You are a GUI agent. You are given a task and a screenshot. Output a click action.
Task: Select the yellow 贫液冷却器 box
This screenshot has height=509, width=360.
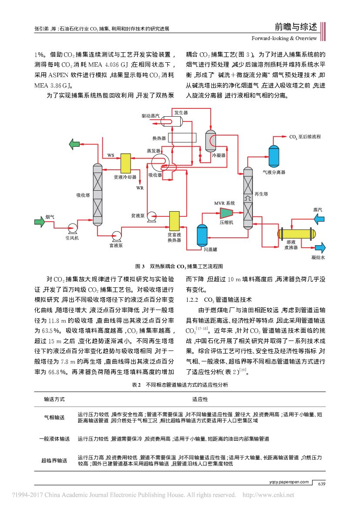[126, 163]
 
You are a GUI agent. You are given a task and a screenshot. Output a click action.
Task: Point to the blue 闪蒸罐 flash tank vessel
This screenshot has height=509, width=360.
[202, 236]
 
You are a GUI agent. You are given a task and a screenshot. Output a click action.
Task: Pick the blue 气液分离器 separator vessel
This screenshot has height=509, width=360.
[274, 156]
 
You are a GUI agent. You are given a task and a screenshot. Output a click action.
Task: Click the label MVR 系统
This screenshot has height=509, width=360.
[225, 203]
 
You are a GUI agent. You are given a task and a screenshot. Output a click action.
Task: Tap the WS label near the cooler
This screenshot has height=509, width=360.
[111, 155]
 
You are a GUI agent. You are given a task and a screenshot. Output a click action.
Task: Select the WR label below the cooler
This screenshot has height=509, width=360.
[139, 188]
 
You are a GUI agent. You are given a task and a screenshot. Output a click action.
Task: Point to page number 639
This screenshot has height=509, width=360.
[321, 484]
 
